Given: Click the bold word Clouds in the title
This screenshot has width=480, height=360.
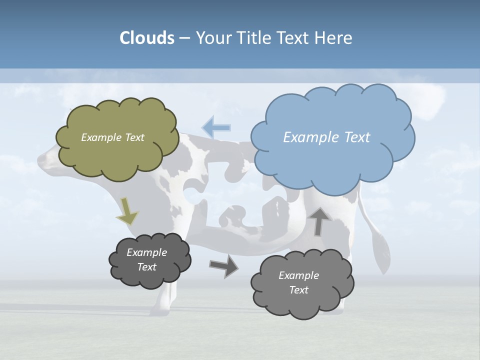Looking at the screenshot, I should click(x=147, y=38).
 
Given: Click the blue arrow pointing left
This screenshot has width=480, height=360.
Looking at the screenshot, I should click(x=216, y=127).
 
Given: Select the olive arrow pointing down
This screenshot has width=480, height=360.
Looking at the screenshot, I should click(x=127, y=212).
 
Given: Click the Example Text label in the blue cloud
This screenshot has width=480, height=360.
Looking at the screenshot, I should click(x=326, y=137).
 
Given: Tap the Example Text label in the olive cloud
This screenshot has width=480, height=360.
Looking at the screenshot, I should click(x=112, y=137).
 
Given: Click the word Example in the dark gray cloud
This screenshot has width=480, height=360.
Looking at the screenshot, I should click(x=146, y=252).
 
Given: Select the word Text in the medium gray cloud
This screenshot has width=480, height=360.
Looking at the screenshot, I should click(x=298, y=290).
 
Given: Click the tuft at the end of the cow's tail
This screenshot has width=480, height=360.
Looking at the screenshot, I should click(x=383, y=252).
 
